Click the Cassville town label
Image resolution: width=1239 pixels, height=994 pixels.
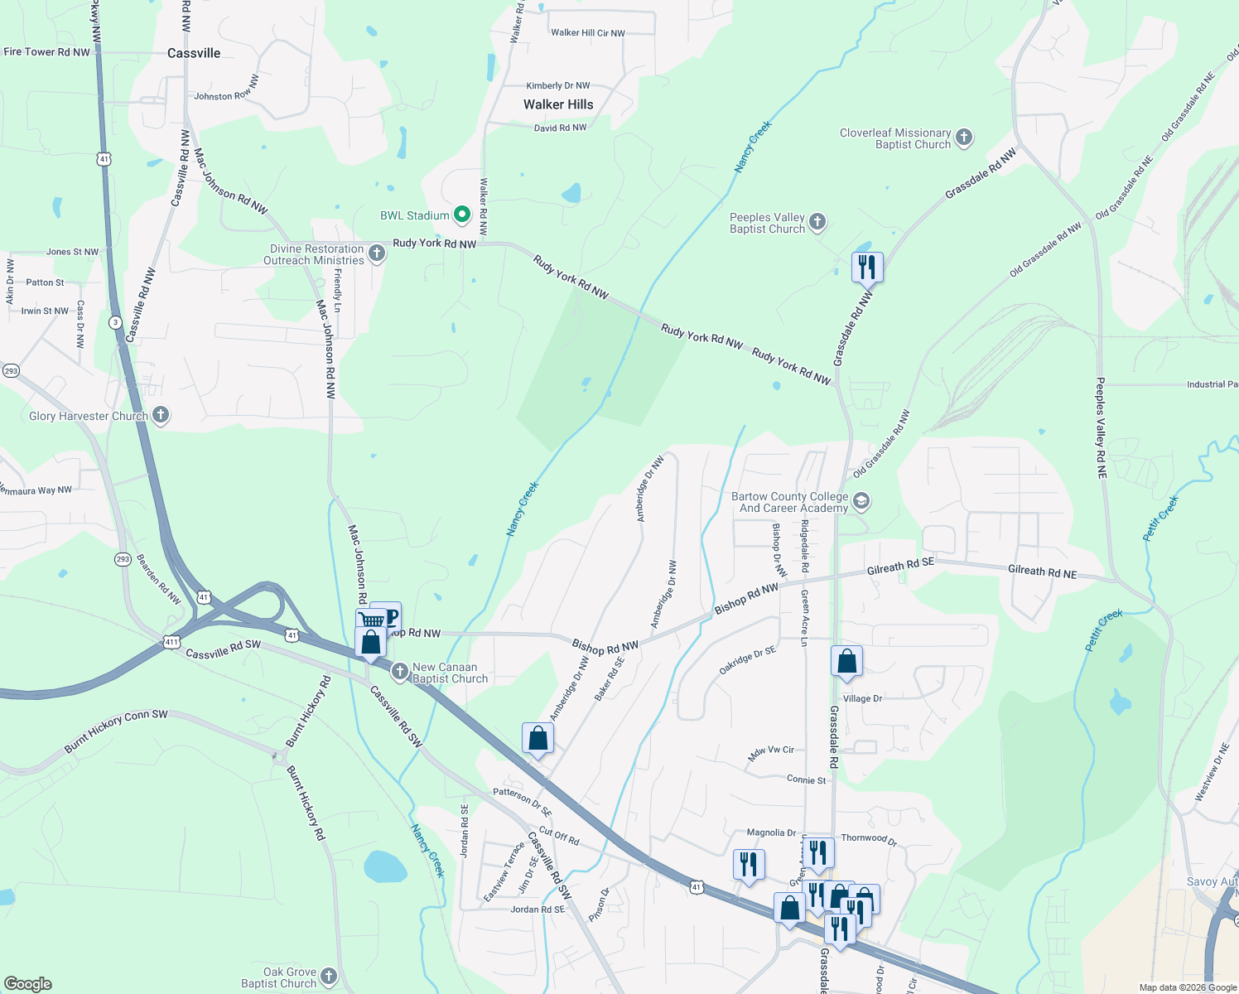tap(194, 53)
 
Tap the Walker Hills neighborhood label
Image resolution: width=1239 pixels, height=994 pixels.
tap(558, 104)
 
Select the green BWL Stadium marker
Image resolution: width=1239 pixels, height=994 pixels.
tap(462, 215)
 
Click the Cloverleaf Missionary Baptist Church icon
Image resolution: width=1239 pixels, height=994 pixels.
tap(963, 138)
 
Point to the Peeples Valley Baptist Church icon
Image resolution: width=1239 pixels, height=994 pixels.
tap(817, 221)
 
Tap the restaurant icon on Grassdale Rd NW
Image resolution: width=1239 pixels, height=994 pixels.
tap(867, 268)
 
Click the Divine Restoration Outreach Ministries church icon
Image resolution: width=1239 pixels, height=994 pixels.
tap(377, 253)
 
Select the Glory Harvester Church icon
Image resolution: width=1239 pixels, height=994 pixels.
tap(161, 415)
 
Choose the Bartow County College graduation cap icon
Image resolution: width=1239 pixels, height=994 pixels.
tap(861, 500)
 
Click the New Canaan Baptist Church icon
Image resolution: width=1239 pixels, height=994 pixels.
tap(400, 672)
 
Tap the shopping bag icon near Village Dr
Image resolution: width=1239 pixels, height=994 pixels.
tap(846, 662)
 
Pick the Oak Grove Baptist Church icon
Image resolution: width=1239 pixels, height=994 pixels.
tap(329, 977)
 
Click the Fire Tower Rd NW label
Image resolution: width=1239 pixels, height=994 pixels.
tap(47, 51)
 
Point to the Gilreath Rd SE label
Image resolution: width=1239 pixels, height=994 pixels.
tap(900, 567)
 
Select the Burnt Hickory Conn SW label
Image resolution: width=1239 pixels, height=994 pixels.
tap(116, 731)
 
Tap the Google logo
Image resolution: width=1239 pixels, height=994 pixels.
tap(27, 983)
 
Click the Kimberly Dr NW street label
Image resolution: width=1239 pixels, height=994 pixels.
tap(558, 85)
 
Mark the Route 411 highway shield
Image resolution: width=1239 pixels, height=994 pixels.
tap(171, 641)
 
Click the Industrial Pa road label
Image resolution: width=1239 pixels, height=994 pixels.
tap(1212, 384)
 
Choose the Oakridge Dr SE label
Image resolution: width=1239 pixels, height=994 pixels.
tap(747, 660)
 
